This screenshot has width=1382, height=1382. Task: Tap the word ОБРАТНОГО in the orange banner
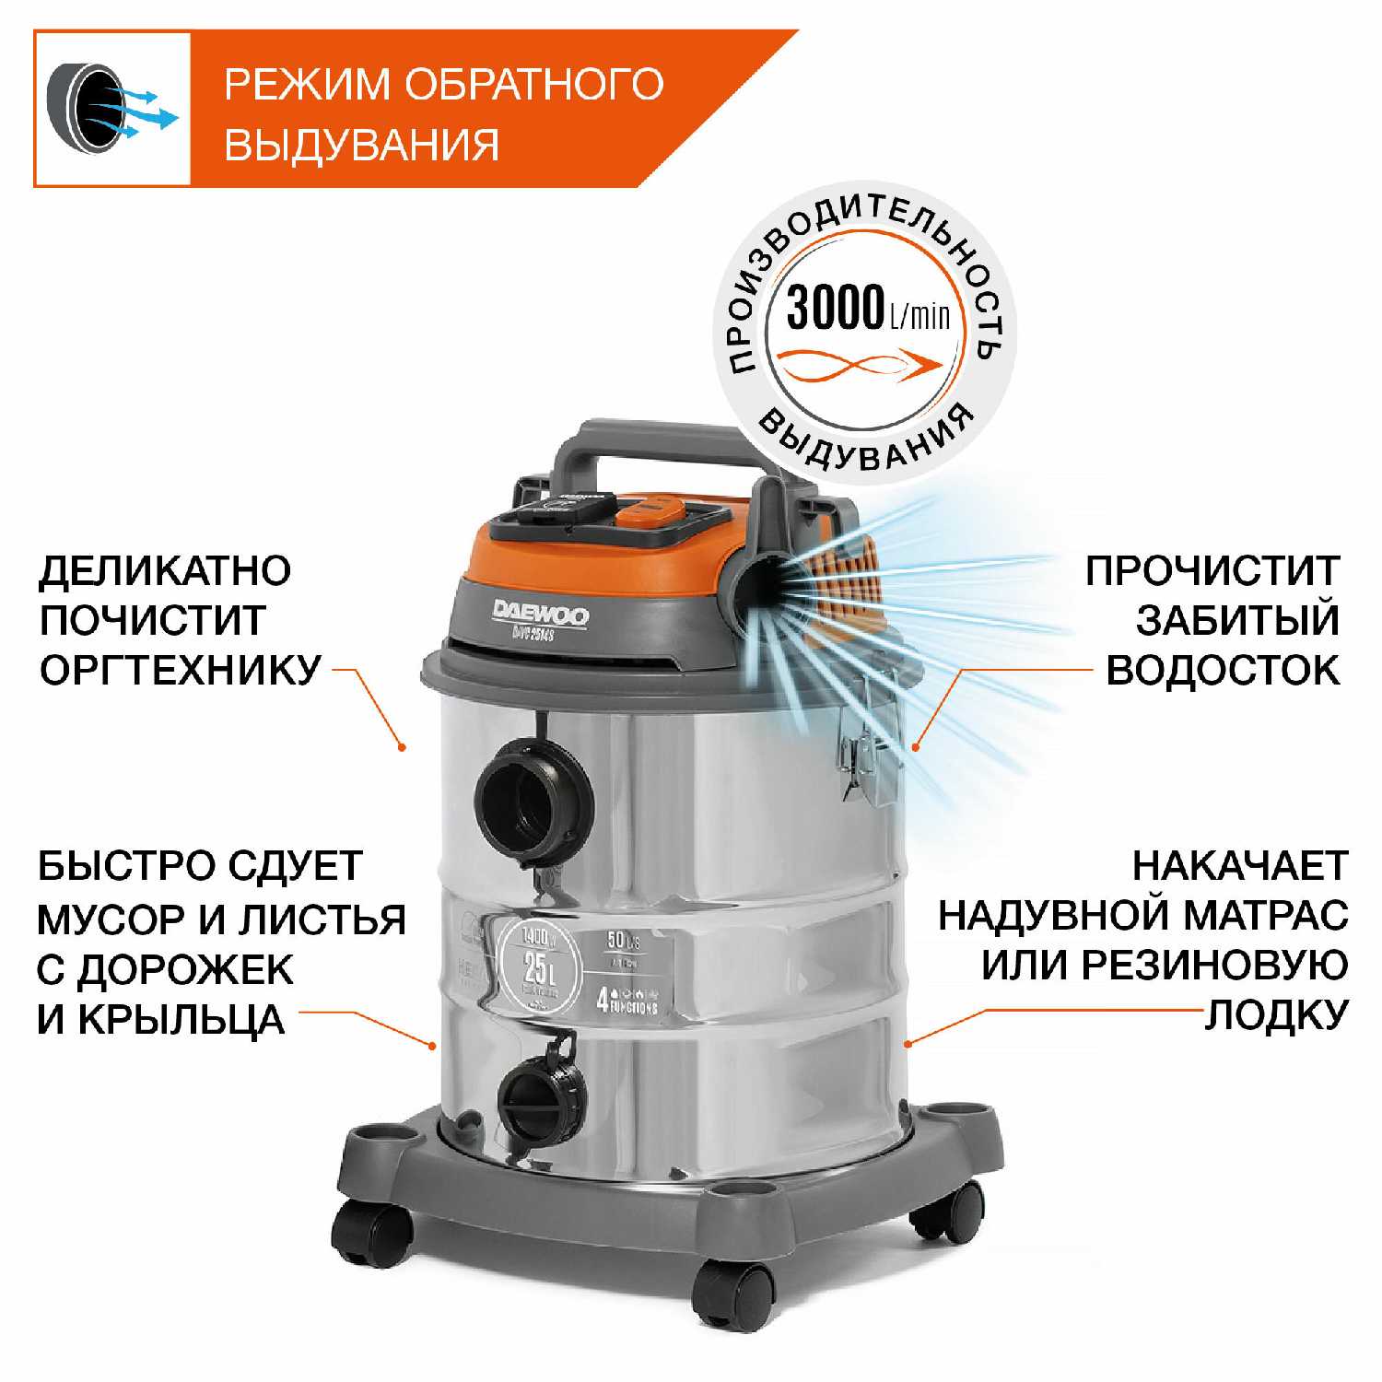point(534,84)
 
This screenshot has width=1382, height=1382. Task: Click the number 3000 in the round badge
point(835,308)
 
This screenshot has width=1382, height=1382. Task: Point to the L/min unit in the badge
point(919,317)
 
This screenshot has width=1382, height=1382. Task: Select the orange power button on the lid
point(650,509)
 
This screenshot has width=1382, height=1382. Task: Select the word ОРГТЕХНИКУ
point(181,670)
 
